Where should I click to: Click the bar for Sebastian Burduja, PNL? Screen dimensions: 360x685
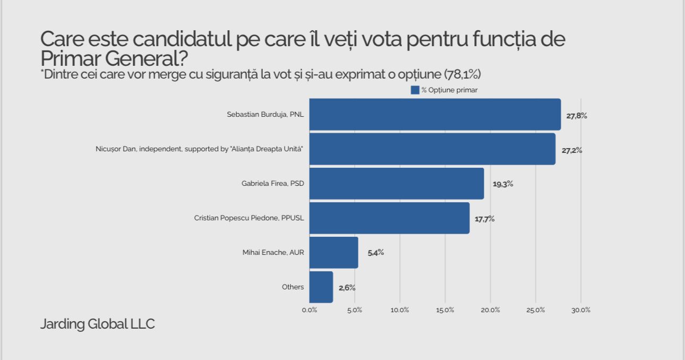(435, 114)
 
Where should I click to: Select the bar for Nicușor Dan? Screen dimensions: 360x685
(432, 149)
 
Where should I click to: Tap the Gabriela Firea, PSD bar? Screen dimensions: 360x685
(397, 184)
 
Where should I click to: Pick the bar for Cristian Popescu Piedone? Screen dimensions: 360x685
(389, 218)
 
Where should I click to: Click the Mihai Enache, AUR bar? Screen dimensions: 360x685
(333, 252)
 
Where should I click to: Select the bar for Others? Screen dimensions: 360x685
(321, 287)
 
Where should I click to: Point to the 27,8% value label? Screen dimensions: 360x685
(577, 115)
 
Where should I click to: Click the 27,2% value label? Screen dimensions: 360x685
(572, 150)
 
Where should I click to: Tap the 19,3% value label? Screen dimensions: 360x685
(503, 184)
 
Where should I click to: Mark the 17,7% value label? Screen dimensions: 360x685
(485, 219)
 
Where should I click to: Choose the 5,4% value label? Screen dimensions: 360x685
(376, 253)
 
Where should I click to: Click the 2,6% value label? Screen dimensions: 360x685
(347, 288)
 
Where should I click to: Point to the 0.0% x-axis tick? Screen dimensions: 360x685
(310, 310)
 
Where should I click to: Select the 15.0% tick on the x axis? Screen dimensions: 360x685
(445, 310)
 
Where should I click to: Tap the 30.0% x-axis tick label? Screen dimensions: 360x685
(581, 310)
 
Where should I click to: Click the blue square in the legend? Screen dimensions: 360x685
(415, 90)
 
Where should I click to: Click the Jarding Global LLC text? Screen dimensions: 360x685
(98, 324)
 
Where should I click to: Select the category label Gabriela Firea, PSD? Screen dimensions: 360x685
(272, 184)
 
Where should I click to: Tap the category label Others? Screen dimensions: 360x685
(293, 287)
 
